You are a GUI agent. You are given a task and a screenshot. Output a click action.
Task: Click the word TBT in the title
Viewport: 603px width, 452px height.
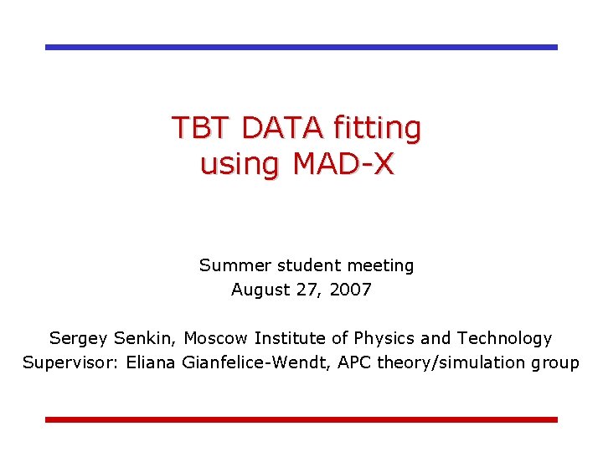(202, 128)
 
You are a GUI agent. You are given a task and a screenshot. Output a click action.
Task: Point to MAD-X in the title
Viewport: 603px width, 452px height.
(343, 164)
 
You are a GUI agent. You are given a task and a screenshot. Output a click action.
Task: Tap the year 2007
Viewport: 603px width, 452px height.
(351, 290)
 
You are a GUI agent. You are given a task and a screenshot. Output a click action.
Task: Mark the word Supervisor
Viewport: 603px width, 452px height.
(65, 363)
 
